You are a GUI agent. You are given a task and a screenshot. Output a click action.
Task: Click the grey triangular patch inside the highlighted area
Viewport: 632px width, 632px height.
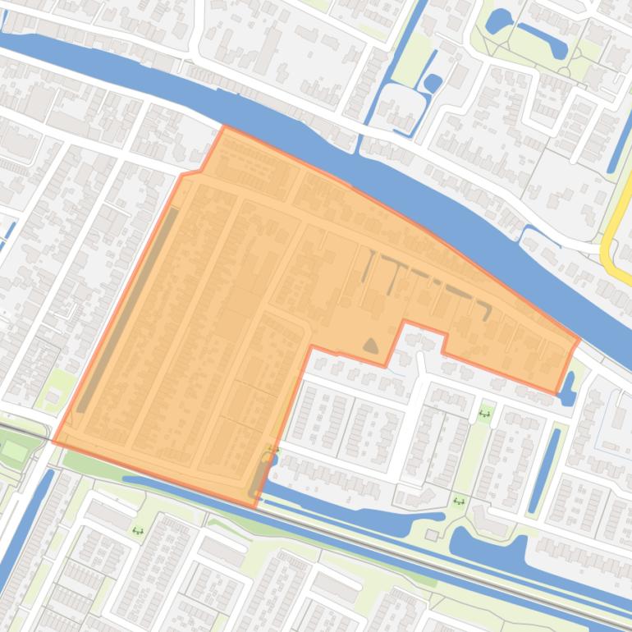click(x=371, y=346)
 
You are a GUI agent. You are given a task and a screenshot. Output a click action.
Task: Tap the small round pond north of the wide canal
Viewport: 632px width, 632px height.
click(x=433, y=83)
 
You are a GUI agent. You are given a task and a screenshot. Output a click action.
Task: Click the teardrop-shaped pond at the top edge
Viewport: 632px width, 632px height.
click(x=498, y=21)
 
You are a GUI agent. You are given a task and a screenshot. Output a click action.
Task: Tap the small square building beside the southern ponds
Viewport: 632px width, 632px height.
click(x=432, y=535)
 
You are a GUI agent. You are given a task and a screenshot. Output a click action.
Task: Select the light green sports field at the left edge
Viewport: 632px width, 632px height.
click(x=15, y=451)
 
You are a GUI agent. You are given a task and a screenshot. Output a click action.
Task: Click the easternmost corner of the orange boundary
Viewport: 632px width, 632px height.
click(x=579, y=338)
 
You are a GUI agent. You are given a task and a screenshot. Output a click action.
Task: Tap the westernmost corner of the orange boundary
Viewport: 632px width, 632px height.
click(x=53, y=441)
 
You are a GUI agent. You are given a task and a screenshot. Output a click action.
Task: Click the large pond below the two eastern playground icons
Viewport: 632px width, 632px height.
click(x=484, y=546)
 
